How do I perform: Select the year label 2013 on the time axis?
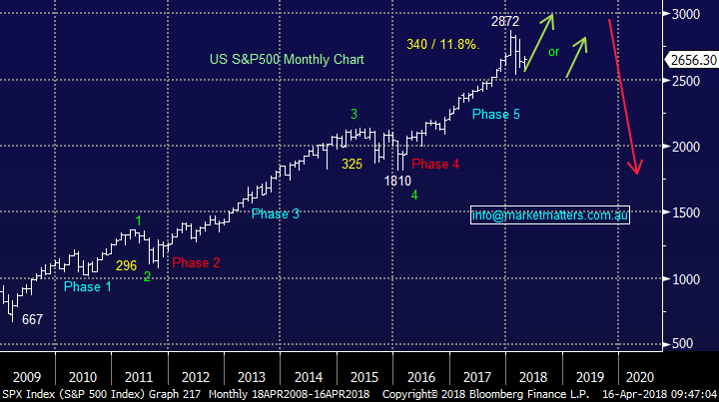click(252, 377)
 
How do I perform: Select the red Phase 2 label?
click(196, 263)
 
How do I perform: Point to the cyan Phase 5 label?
click(496, 115)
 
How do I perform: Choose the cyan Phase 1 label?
click(88, 287)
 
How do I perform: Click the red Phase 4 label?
click(435, 164)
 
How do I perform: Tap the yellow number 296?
click(126, 266)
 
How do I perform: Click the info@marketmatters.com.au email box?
click(550, 214)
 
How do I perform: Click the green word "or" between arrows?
click(553, 51)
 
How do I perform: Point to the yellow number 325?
click(352, 165)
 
